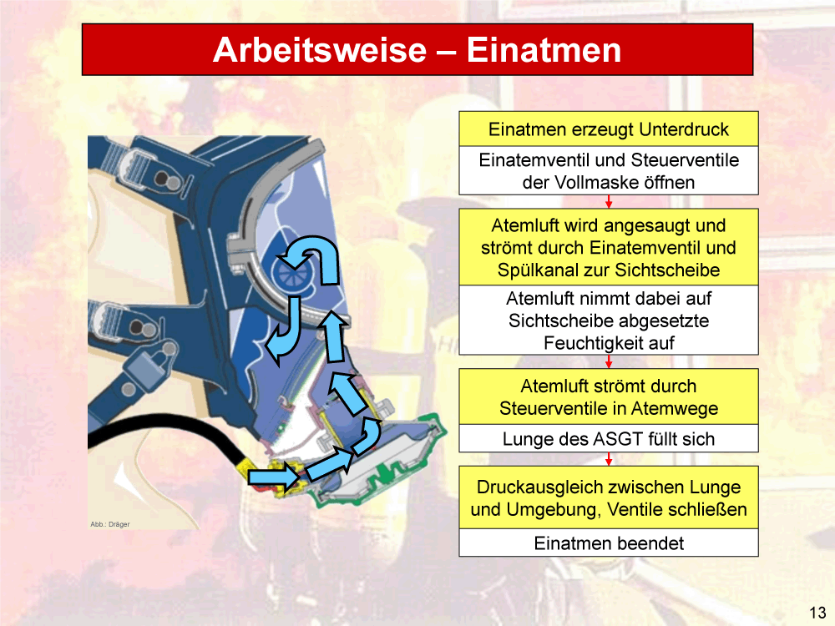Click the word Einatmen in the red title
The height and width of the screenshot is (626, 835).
point(544,50)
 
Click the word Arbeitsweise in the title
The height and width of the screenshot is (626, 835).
point(320,50)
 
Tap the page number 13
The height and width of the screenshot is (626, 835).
point(817,612)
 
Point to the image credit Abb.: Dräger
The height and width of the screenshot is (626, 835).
point(109,524)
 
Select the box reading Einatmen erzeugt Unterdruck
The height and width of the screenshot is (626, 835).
point(609,129)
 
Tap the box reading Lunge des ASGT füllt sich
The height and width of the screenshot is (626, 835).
point(609,439)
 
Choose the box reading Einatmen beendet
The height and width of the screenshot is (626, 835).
point(609,543)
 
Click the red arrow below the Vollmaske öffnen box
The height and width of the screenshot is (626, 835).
point(609,202)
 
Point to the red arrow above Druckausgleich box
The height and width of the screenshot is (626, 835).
point(609,459)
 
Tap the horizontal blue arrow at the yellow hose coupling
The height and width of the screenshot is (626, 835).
point(274,477)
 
